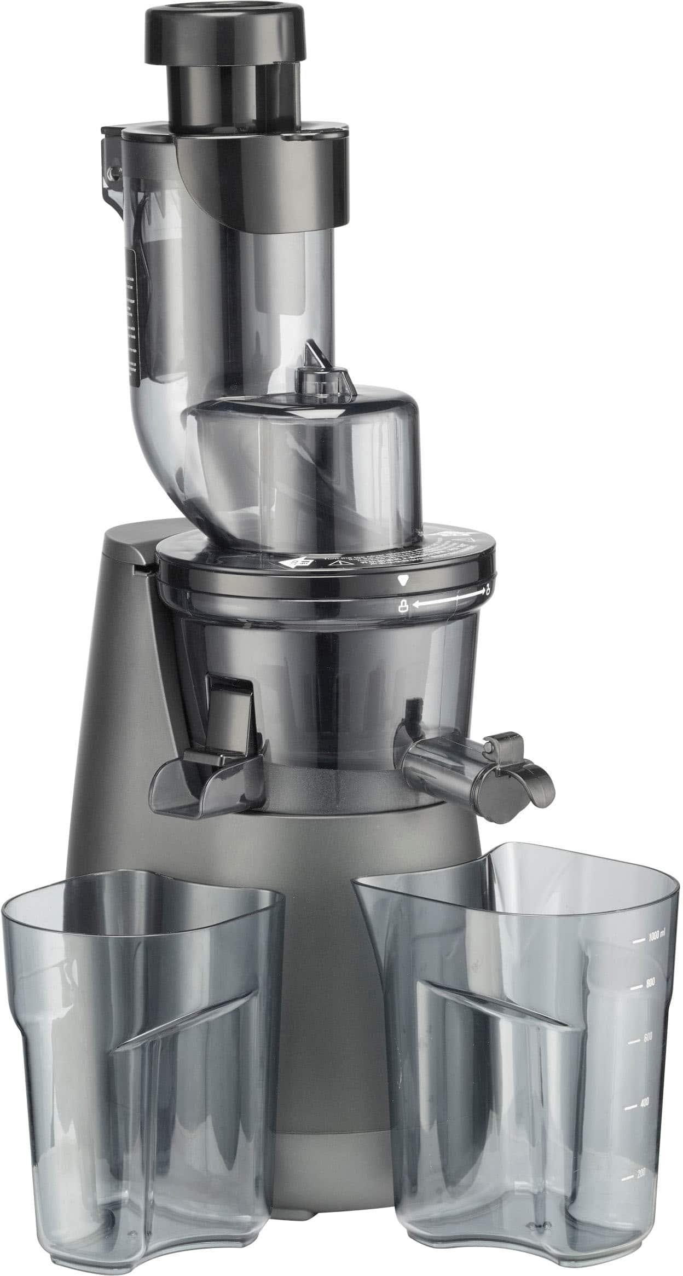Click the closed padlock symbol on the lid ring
coord(403,606)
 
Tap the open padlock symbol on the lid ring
coord(487,590)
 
